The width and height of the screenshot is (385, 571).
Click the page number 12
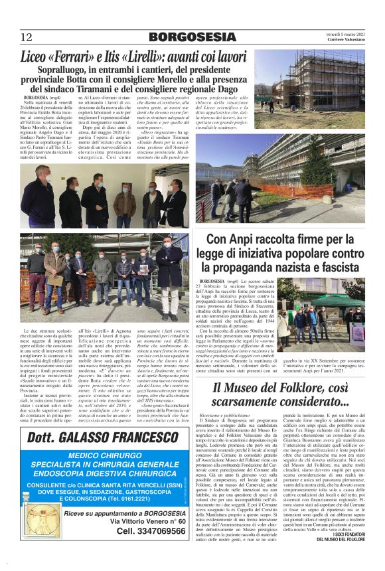point(27,37)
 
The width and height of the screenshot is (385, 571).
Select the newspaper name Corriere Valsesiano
point(345,41)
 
